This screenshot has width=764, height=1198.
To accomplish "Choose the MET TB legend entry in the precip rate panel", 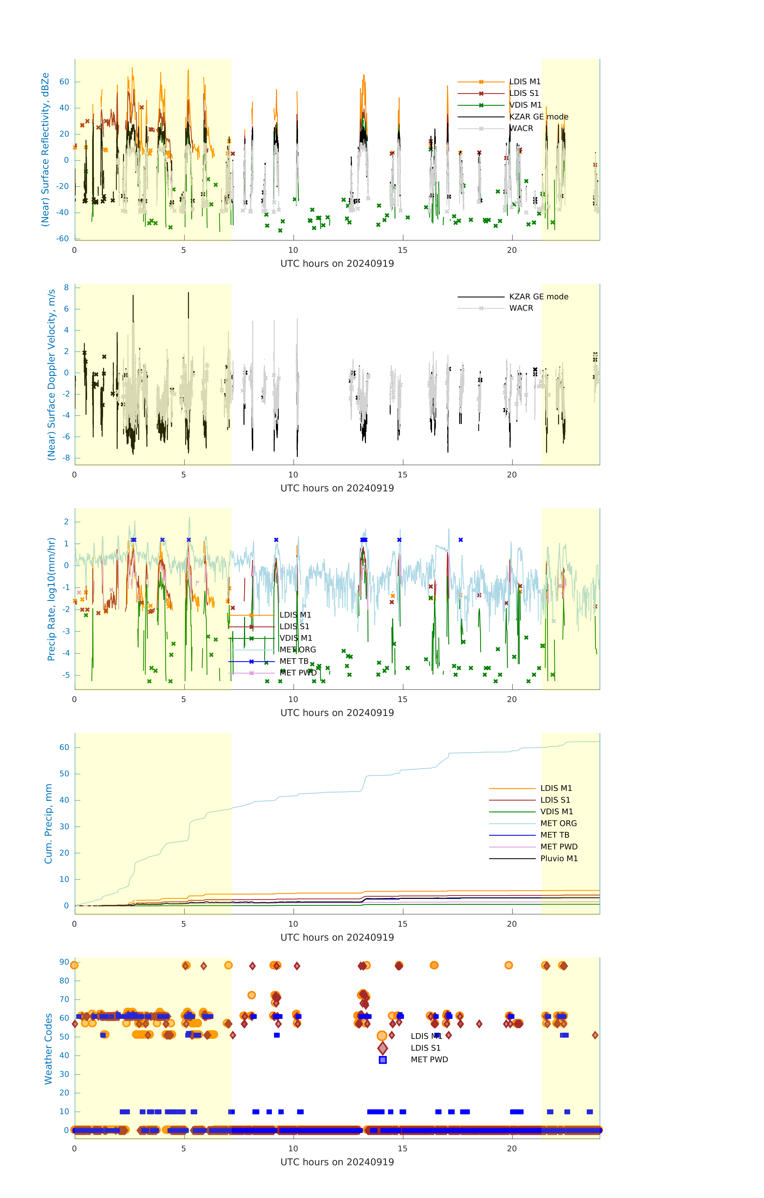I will (x=294, y=661).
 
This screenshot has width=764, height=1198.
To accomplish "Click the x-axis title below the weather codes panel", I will (x=337, y=1162).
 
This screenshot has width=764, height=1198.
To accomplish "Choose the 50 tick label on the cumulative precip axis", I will (x=64, y=774).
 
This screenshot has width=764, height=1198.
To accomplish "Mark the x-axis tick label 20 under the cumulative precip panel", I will (x=512, y=924).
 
